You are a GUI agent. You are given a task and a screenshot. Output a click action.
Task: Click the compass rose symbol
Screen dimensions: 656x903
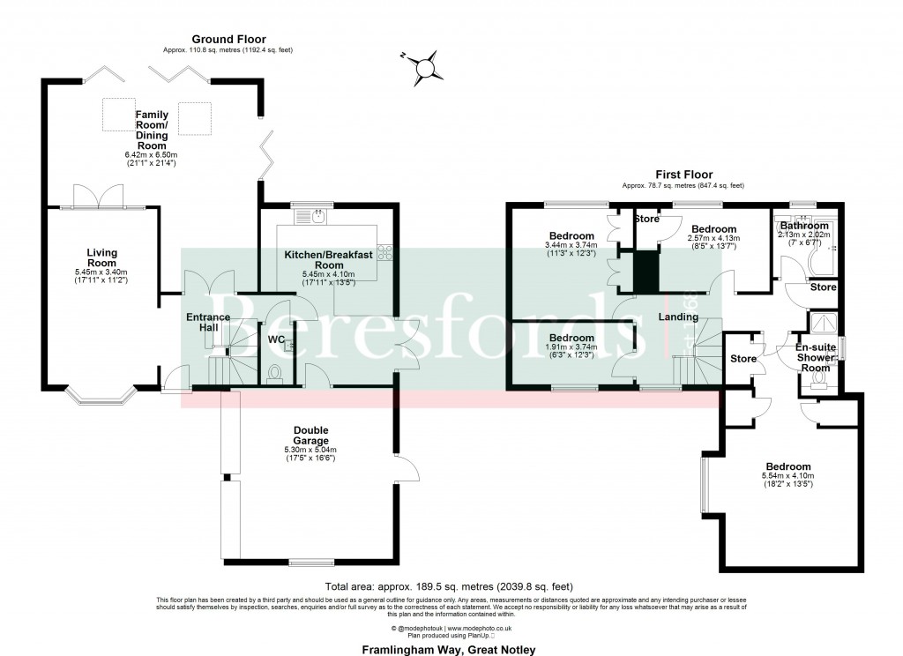(x=427, y=68)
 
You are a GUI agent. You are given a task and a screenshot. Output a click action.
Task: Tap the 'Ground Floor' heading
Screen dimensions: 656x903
(x=228, y=39)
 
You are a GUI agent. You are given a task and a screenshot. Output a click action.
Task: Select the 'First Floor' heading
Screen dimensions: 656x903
(x=683, y=175)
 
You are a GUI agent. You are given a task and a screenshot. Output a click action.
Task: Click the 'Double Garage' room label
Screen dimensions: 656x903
(x=310, y=436)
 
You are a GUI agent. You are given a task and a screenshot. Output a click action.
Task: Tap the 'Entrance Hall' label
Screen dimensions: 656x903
(x=208, y=323)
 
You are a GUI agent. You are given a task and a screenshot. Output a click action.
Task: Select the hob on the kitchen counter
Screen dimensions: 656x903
(x=384, y=253)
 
